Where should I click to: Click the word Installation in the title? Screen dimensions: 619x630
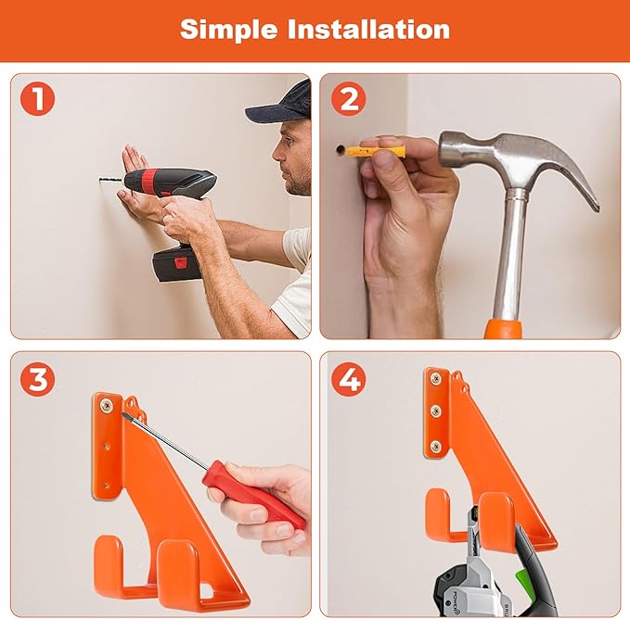coord(368,29)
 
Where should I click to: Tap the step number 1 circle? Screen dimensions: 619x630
coord(37,98)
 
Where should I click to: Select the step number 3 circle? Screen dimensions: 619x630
coord(37,378)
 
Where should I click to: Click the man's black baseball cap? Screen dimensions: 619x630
coord(282,105)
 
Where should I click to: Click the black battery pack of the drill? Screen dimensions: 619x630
coord(177,264)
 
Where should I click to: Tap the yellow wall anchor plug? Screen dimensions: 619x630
coord(377,150)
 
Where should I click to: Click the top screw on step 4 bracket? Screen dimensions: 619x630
coord(435,378)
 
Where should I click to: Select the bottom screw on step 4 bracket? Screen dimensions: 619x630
coord(435,447)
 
